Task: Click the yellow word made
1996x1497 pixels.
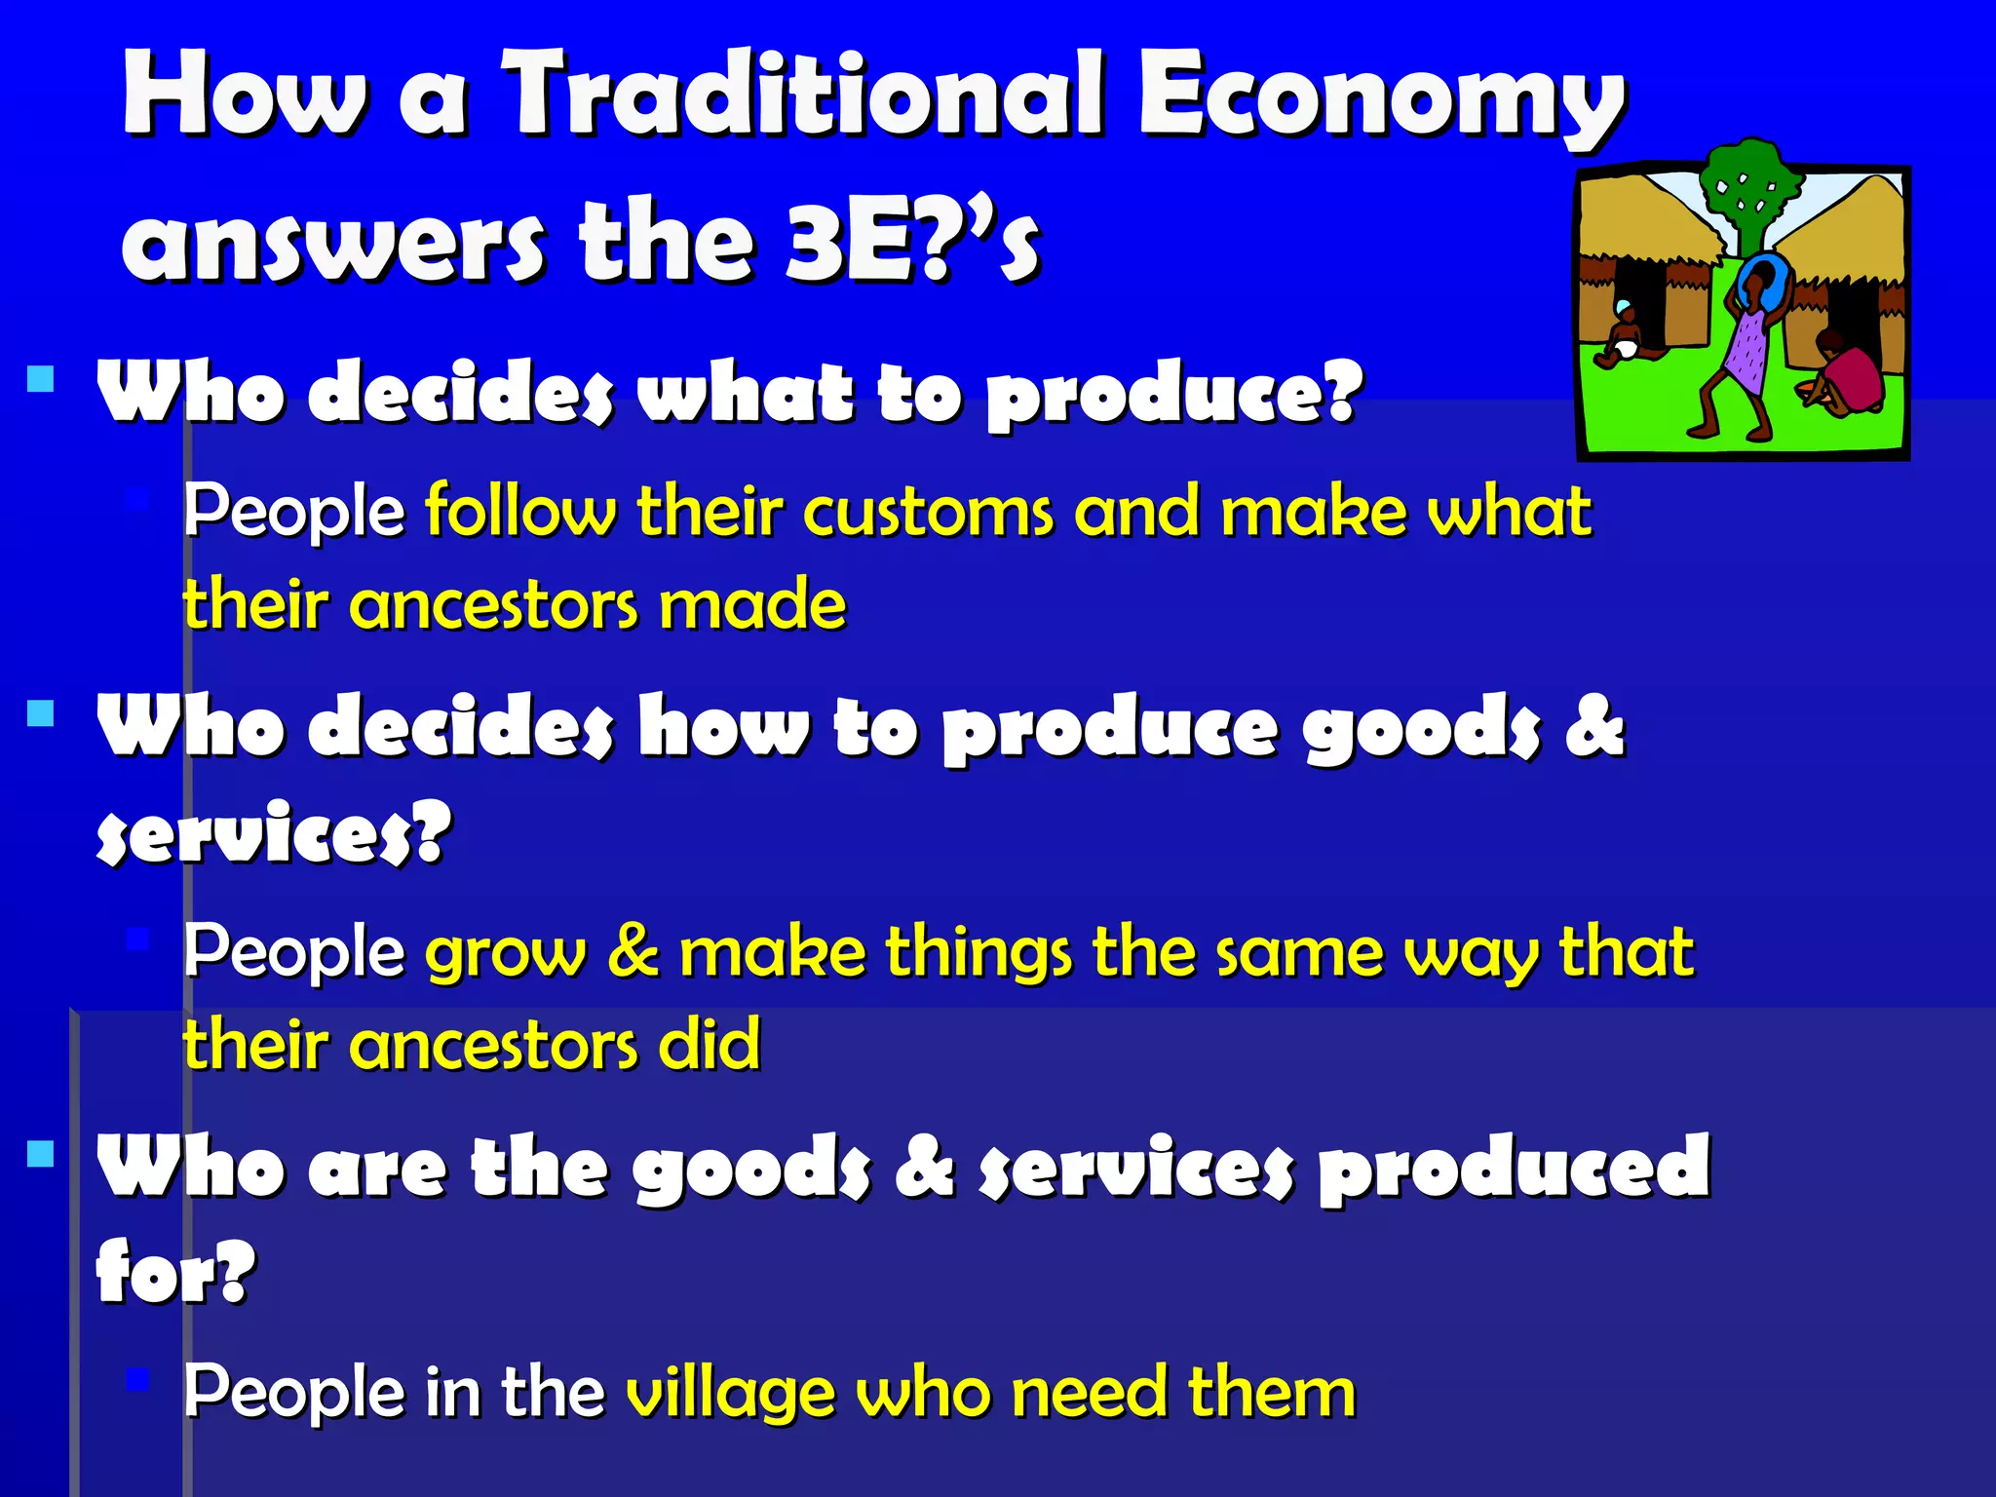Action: [752, 604]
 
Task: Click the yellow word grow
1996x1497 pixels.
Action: [506, 953]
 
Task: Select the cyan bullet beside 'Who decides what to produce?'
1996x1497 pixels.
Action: [41, 379]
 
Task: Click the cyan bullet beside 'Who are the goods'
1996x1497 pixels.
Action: [41, 1155]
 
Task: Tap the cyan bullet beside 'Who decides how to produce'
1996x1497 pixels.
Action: [41, 713]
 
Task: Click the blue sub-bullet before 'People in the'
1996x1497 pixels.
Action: [137, 1380]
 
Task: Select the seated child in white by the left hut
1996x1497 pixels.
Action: [1623, 336]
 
